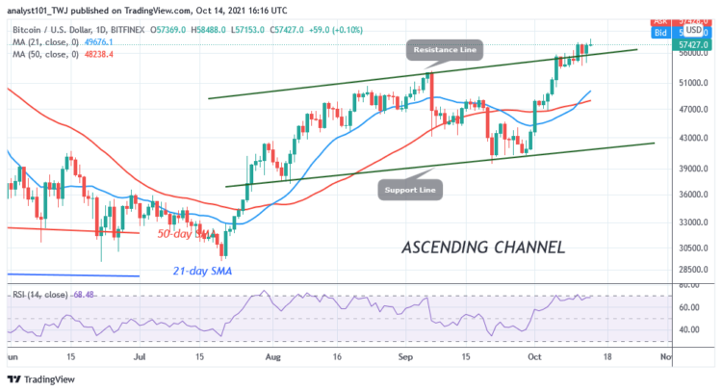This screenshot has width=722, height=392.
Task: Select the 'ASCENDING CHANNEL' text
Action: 482,248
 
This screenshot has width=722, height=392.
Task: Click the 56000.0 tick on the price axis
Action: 686,54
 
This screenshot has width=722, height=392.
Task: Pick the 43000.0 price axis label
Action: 686,140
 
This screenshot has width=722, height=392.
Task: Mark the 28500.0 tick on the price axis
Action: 686,271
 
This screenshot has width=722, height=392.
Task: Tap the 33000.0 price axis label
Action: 686,222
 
